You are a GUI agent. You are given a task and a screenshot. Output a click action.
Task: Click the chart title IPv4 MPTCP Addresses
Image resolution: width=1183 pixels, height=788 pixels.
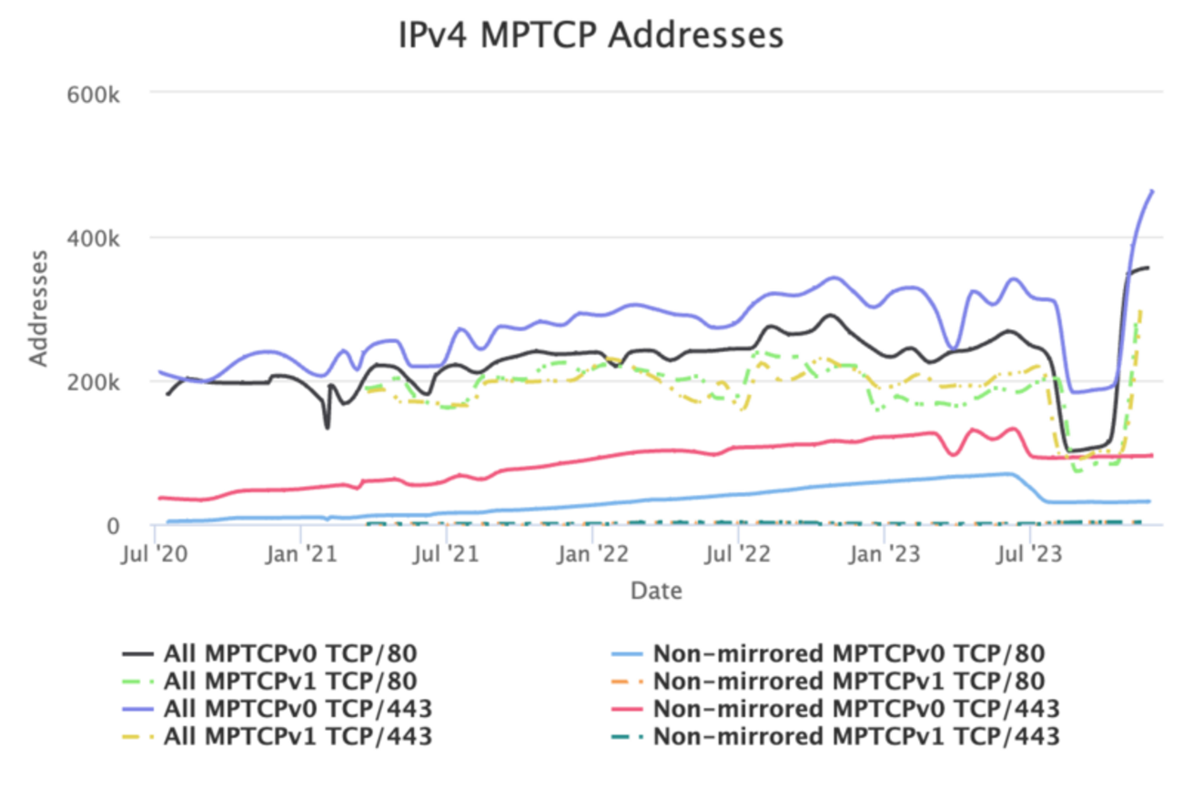coord(591,35)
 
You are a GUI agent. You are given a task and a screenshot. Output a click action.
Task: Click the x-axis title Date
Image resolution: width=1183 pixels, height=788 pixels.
coord(656,591)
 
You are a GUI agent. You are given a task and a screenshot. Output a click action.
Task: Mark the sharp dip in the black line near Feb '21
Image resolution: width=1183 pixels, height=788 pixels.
coord(327,426)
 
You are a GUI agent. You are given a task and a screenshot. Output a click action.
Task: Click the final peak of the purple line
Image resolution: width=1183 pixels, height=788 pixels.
coord(1152,190)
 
